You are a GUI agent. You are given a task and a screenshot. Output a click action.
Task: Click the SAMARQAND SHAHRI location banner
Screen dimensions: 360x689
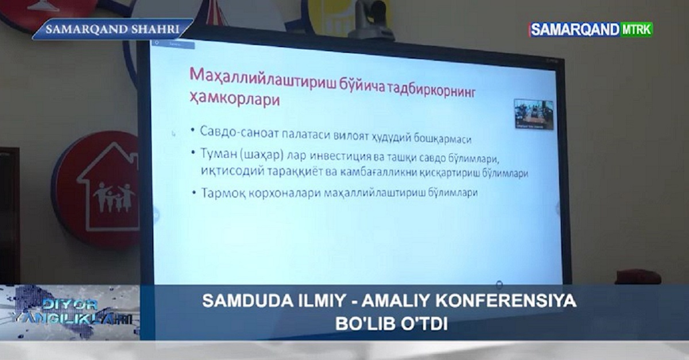112,29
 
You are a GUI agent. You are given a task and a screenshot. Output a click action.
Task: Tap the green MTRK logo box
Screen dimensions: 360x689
636,29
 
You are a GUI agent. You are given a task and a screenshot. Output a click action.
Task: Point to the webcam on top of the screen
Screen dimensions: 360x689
372,20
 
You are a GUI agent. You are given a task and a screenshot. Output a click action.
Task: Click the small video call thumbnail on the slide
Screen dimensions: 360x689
533,114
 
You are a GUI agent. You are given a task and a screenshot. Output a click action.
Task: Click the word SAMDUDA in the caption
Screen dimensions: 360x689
237,301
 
